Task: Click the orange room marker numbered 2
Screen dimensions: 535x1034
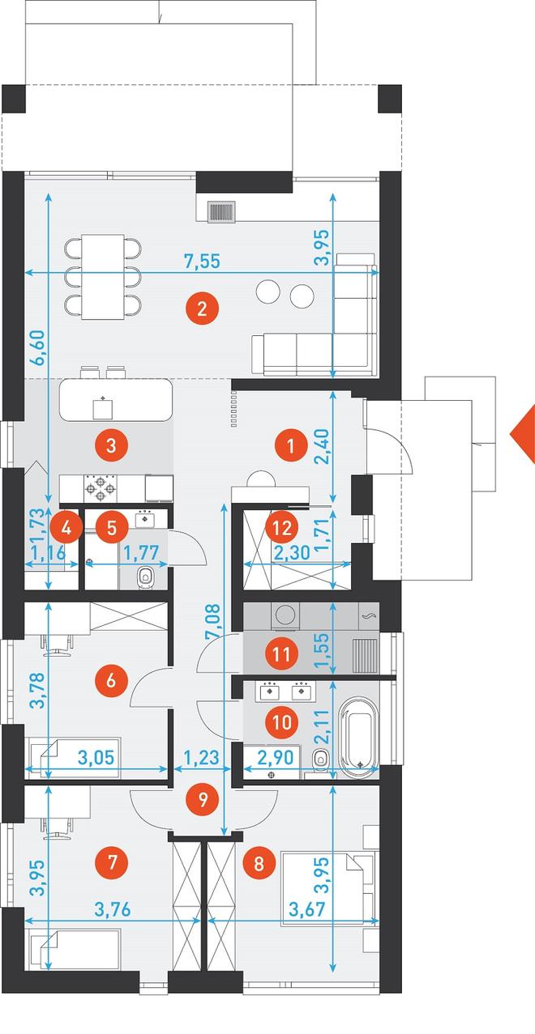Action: [x=201, y=308]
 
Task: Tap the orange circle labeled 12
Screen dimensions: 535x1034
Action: [x=282, y=527]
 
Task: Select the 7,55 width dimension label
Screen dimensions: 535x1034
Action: [x=203, y=262]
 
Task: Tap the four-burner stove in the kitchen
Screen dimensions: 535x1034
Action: [x=101, y=488]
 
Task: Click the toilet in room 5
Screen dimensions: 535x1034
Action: [x=148, y=577]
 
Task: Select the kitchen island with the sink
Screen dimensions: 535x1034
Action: [x=116, y=400]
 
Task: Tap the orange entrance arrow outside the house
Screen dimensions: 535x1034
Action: [x=522, y=434]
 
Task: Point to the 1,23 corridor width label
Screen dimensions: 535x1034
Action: [x=201, y=758]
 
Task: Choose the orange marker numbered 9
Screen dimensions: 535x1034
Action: [x=203, y=799]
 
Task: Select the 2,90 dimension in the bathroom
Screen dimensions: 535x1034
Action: [x=276, y=758]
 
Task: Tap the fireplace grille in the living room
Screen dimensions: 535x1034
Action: [x=223, y=212]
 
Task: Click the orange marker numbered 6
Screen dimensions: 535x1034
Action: [x=111, y=680]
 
